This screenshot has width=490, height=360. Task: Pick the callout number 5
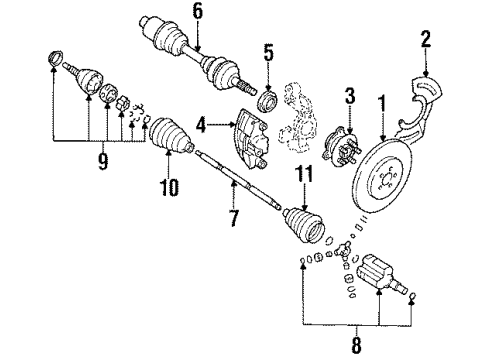coord(267,53)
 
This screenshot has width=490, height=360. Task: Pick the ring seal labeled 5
coord(267,100)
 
